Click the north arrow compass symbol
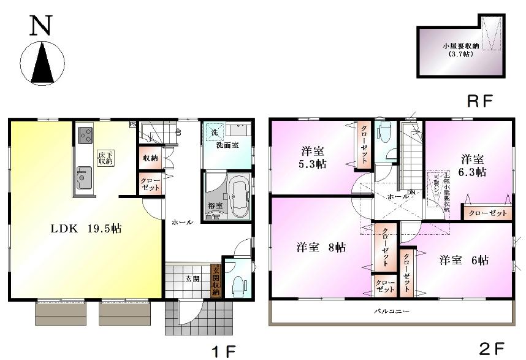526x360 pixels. [42, 62]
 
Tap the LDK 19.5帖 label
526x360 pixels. [85, 229]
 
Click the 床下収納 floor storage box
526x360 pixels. [105, 158]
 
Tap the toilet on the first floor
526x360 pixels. [238, 283]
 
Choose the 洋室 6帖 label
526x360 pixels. [463, 260]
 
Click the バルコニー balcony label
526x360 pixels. [392, 312]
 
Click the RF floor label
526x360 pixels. [480, 101]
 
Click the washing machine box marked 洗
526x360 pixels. [215, 132]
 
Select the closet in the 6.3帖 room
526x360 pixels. [488, 213]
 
